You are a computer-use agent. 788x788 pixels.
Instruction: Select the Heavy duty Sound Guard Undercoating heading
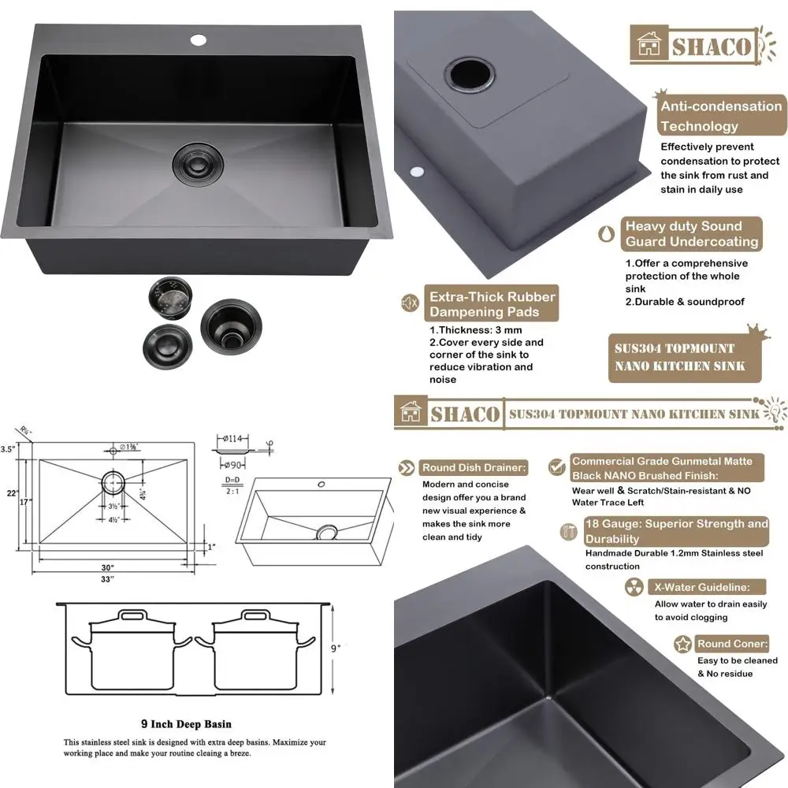692,234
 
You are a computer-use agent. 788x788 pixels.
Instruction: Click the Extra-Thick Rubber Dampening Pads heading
492,304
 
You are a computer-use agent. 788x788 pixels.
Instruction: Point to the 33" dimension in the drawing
107,579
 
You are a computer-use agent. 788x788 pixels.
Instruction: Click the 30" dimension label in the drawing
107,567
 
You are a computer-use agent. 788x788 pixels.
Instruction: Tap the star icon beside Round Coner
683,645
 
